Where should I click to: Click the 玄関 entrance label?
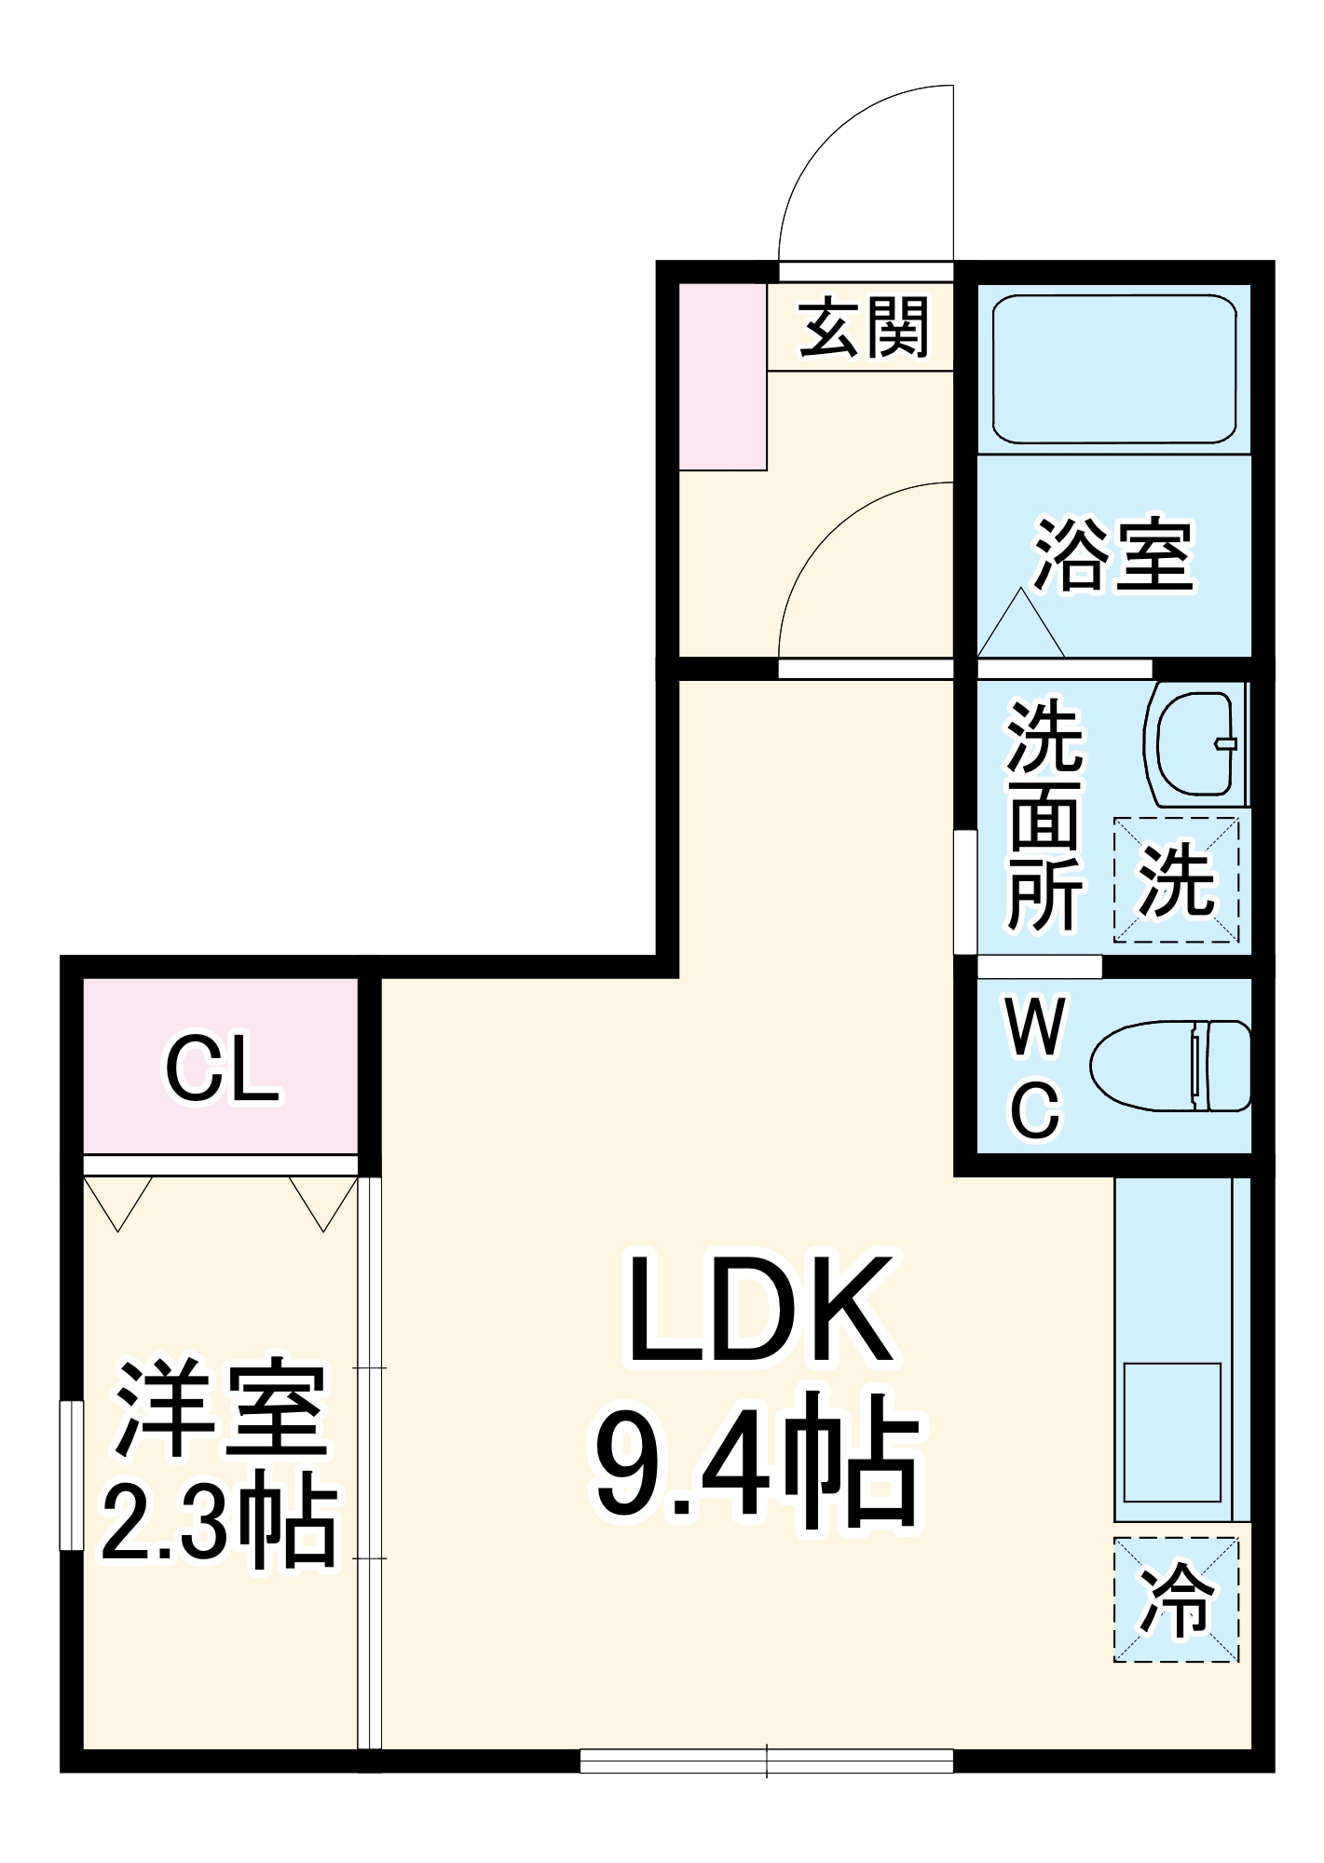point(864,328)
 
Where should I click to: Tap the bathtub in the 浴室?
point(1113,369)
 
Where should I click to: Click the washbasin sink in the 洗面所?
point(1195,742)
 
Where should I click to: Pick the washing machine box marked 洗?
point(1177,879)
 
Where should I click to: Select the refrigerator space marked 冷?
point(1177,1599)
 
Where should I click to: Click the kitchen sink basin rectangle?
point(1171,1433)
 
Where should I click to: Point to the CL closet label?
point(221,1069)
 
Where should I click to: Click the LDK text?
point(759,1312)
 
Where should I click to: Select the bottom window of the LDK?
point(766,1761)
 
